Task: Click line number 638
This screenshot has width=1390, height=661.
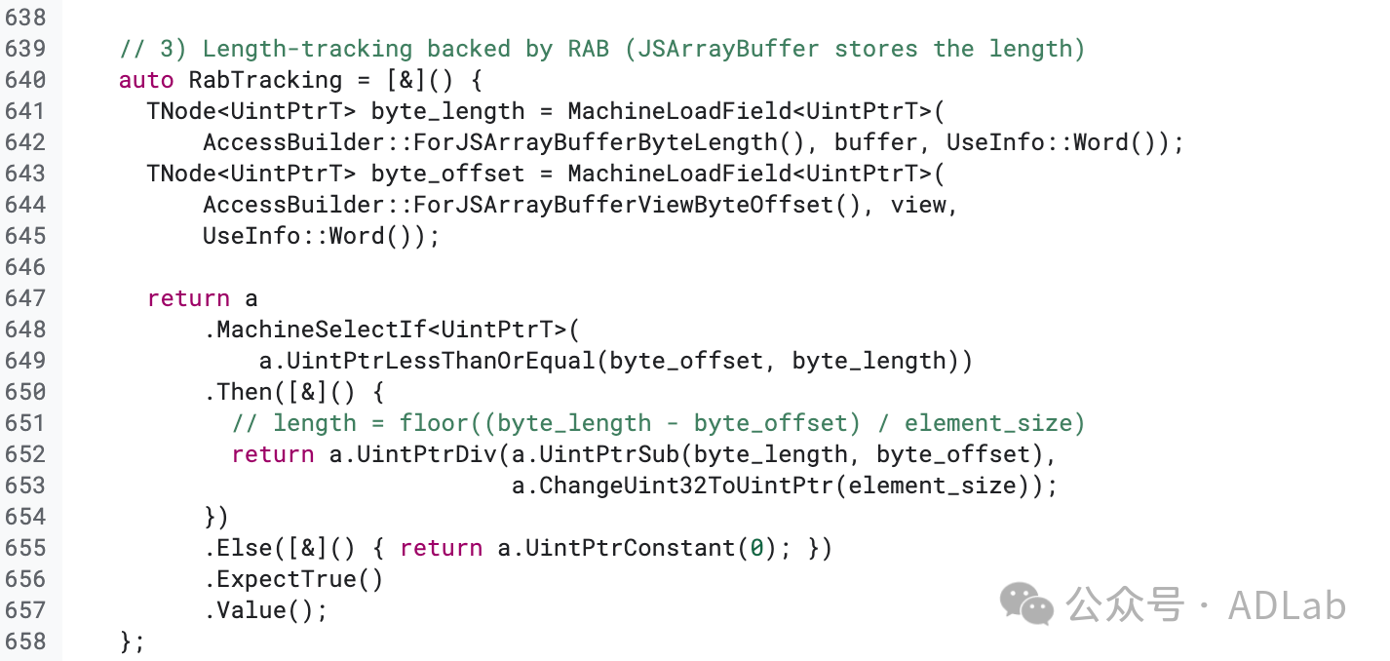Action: point(25,18)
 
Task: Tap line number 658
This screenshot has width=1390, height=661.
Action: point(25,642)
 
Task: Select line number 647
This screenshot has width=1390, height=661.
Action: point(25,298)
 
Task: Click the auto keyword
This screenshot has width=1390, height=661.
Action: point(146,80)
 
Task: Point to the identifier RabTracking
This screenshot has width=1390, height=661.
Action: point(265,80)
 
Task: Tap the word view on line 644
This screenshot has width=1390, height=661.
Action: point(919,205)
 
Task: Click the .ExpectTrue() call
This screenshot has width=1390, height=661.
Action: point(293,579)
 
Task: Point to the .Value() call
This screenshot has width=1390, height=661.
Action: point(265,610)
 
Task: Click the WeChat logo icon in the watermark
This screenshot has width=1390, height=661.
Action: point(1026,604)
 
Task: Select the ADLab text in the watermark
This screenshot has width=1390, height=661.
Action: point(1287,605)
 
